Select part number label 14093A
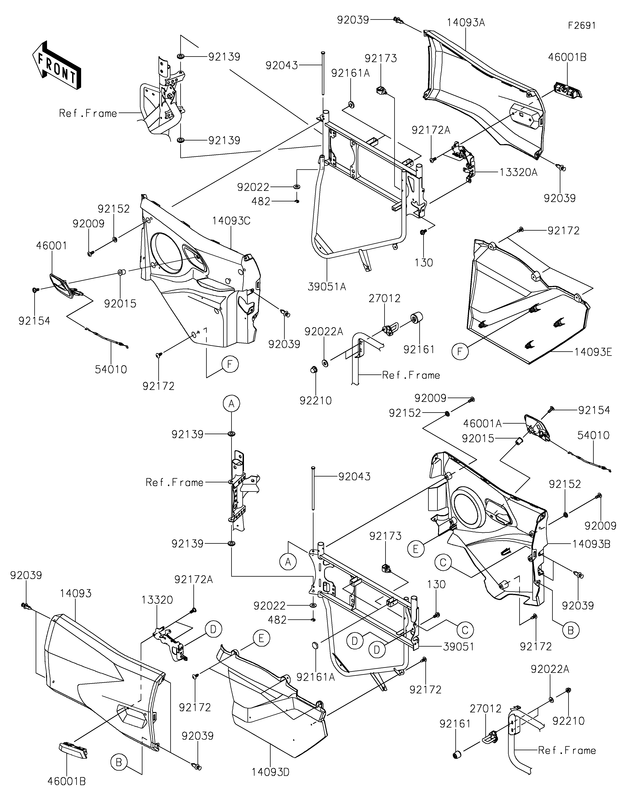click(x=466, y=23)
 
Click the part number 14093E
click(x=593, y=352)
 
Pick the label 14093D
click(x=270, y=772)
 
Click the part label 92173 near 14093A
click(x=381, y=58)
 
